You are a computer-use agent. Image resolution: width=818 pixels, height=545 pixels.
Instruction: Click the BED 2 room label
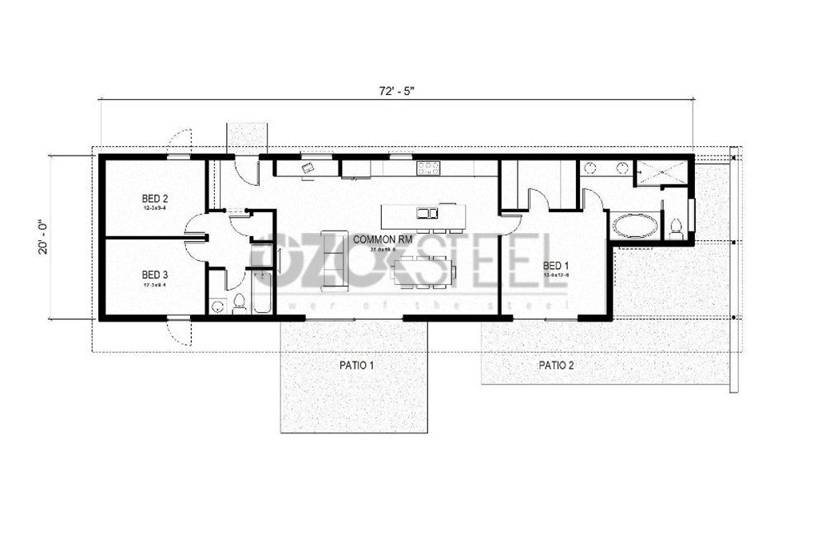(x=155, y=198)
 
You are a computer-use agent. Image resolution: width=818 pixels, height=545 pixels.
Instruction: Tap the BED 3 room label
(x=155, y=273)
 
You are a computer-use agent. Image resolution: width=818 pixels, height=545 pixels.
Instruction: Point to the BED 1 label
(x=556, y=265)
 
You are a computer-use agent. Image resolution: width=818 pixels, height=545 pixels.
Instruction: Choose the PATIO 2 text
(x=555, y=365)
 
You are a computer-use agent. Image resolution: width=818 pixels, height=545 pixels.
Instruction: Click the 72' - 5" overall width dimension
(x=396, y=90)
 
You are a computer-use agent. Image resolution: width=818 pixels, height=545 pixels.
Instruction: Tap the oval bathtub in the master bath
(x=635, y=226)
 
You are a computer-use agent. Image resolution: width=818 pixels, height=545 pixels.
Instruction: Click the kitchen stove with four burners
(x=428, y=168)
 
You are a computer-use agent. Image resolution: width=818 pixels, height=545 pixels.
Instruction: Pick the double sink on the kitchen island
(x=427, y=213)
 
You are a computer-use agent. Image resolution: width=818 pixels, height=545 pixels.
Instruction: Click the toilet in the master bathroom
(x=676, y=227)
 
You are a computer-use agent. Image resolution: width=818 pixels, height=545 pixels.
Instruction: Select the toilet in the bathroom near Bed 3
(x=238, y=302)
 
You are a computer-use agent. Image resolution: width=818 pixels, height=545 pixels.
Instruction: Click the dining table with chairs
(x=423, y=271)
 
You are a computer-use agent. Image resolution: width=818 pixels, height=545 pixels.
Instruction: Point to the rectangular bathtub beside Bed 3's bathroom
(x=262, y=291)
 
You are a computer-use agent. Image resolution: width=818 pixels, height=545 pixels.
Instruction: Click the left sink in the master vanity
(x=590, y=168)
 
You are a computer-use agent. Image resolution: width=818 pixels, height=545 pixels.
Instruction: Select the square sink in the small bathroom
(x=217, y=306)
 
